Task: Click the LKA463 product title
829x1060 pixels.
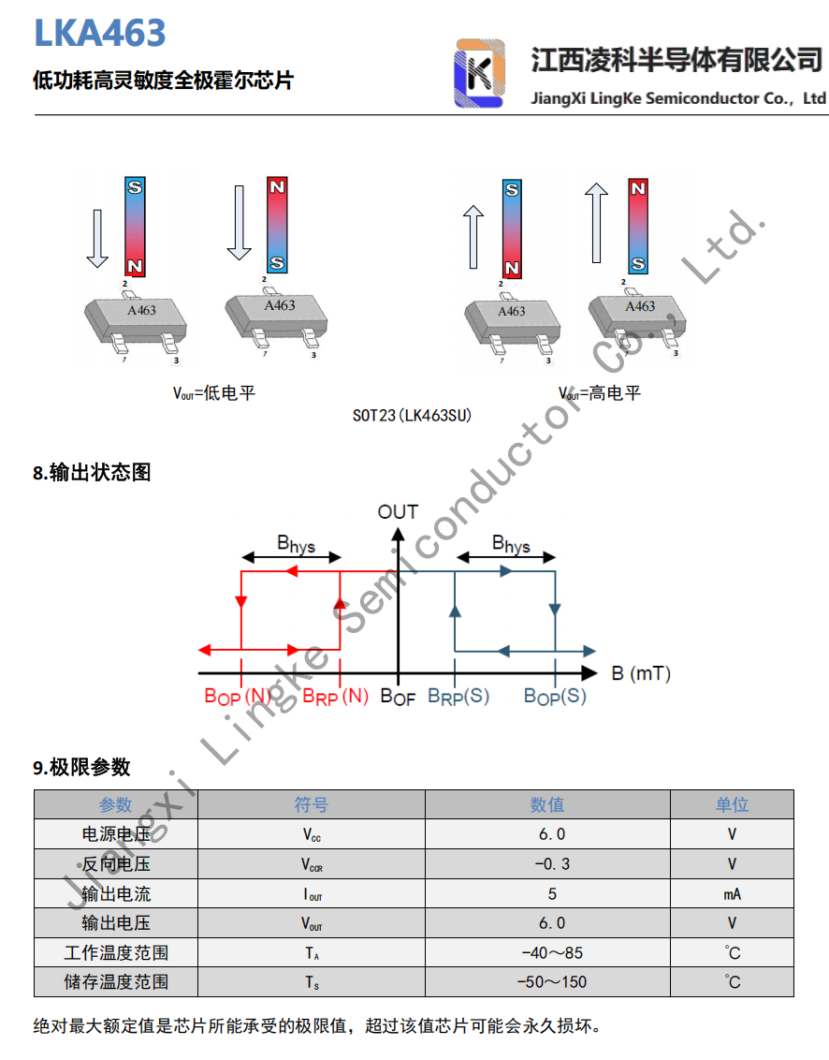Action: pos(100,33)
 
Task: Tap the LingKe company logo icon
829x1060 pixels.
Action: pos(479,74)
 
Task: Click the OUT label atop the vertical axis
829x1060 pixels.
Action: pos(398,512)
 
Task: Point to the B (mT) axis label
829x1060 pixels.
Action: pos(641,673)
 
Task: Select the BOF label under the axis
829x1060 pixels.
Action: pos(398,697)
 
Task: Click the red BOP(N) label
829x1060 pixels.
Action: pos(238,697)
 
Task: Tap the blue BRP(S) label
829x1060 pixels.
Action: pos(458,697)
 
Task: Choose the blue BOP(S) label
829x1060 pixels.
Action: pos(555,697)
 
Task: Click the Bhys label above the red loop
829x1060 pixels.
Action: pos(296,543)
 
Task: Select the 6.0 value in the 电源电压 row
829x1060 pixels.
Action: pos(552,834)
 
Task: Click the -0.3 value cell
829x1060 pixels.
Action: pos(552,864)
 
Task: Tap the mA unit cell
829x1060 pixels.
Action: pos(732,894)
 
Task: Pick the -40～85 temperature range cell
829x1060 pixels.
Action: pos(552,953)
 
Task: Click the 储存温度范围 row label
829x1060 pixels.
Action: pos(116,982)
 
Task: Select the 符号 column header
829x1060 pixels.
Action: pos(312,805)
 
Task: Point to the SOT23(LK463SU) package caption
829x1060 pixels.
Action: pos(413,415)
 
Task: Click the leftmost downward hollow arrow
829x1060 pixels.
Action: pos(96,238)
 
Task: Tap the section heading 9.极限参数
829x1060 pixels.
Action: pos(82,768)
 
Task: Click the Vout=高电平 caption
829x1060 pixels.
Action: pos(600,393)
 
